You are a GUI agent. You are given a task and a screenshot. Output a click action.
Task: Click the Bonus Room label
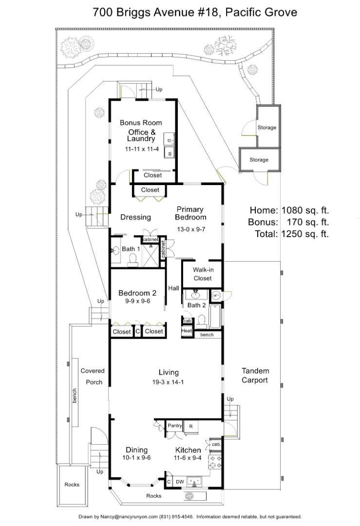[x=141, y=123]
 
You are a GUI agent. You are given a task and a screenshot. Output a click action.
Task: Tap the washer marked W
[x=170, y=152]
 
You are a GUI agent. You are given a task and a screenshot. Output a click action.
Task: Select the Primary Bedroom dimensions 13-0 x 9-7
[x=191, y=229]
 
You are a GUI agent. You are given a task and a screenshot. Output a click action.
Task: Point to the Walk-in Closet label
[x=203, y=274]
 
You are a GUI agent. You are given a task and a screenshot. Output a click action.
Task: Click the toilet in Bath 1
[x=133, y=259]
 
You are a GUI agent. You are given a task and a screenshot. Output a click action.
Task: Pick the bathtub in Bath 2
[x=215, y=316]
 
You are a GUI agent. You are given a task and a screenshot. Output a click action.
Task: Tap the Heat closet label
[x=187, y=330]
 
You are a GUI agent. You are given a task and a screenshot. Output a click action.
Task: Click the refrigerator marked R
[x=191, y=426]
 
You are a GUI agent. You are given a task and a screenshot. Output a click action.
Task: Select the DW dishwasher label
[x=180, y=482]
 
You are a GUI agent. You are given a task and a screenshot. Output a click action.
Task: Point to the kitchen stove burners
[x=215, y=462]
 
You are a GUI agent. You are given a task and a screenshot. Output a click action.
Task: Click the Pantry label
[x=175, y=426]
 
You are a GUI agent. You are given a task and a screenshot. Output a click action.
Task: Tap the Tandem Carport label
[x=255, y=376]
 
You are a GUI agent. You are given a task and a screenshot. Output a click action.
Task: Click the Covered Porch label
[x=93, y=376]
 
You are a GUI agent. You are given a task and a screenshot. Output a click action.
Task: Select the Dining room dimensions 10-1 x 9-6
[x=136, y=457]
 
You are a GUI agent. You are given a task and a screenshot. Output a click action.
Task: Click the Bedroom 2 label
[x=137, y=293]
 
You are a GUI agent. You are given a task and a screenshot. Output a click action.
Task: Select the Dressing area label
[x=135, y=217]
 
